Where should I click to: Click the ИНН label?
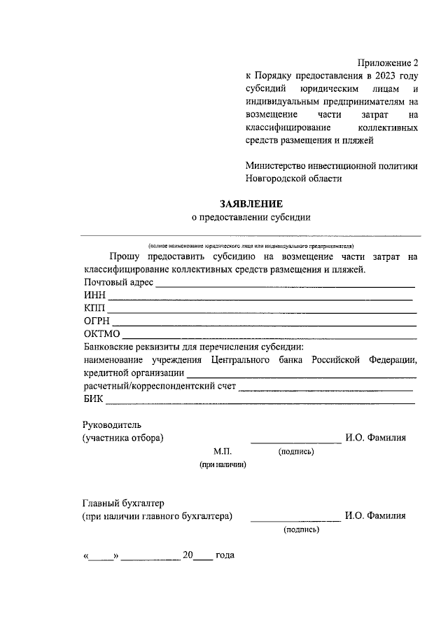click(94, 296)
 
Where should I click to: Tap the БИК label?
click(93, 399)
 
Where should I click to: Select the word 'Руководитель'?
click(112, 424)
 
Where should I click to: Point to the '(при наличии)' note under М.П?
click(223, 464)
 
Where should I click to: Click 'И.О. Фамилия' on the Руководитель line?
click(375, 438)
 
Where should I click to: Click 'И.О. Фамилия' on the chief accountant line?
click(375, 516)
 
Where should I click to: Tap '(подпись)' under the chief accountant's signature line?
click(302, 530)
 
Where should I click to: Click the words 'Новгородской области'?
click(293, 179)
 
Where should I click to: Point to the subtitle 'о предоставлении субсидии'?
click(251, 217)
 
